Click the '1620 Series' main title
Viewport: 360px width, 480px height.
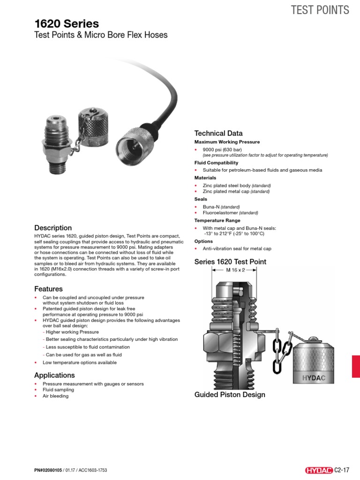67,23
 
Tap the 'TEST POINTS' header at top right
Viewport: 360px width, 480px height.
320,10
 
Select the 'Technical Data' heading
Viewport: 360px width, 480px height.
218,133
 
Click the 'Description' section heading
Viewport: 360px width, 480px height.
53,228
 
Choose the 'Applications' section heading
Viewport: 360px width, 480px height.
54,375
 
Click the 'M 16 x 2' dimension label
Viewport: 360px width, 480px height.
233,270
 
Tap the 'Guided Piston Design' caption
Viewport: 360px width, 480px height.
230,395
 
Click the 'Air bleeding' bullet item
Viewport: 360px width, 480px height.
55,396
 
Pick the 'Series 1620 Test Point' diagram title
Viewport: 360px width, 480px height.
230,262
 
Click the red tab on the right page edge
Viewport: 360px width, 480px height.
355,366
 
